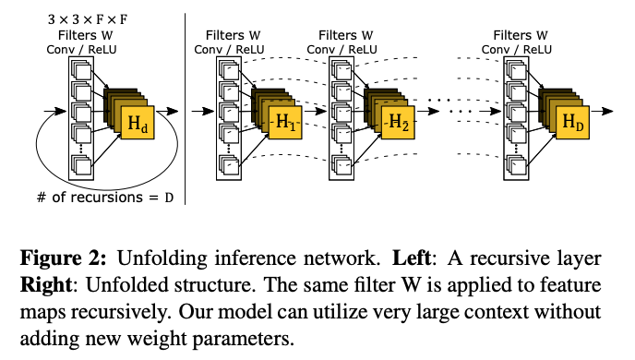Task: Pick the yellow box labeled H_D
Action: [572, 124]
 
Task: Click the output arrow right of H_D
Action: [604, 110]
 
